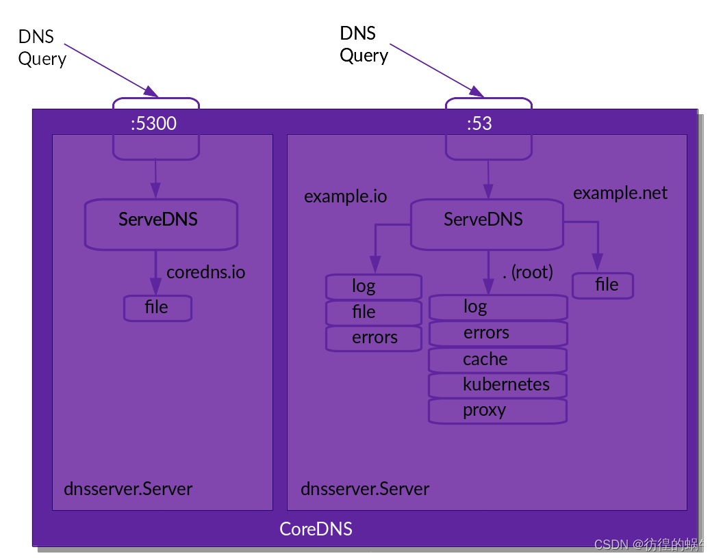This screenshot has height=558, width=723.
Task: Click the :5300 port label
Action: pos(154,123)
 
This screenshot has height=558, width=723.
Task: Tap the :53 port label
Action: pos(479,123)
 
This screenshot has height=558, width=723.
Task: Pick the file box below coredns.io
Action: pos(157,308)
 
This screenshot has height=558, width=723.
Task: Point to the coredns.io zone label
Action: pos(205,272)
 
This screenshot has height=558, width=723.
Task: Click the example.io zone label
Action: pos(345,197)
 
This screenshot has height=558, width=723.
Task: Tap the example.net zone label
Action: pos(620,193)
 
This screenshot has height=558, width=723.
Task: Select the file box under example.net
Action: pos(603,285)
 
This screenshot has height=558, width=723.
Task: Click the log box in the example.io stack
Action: pos(373,287)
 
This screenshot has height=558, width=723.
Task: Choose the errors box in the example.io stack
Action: pos(373,338)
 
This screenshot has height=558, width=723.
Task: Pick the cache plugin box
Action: pos(497,360)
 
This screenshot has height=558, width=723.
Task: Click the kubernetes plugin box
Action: pos(497,385)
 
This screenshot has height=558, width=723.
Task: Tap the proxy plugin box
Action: pos(497,411)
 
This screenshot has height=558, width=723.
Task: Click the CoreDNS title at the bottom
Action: pos(316,529)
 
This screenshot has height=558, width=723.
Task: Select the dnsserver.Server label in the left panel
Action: pos(128,490)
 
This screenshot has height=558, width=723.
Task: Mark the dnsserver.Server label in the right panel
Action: pos(365,490)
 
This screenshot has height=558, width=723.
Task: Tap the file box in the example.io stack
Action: pos(373,313)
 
